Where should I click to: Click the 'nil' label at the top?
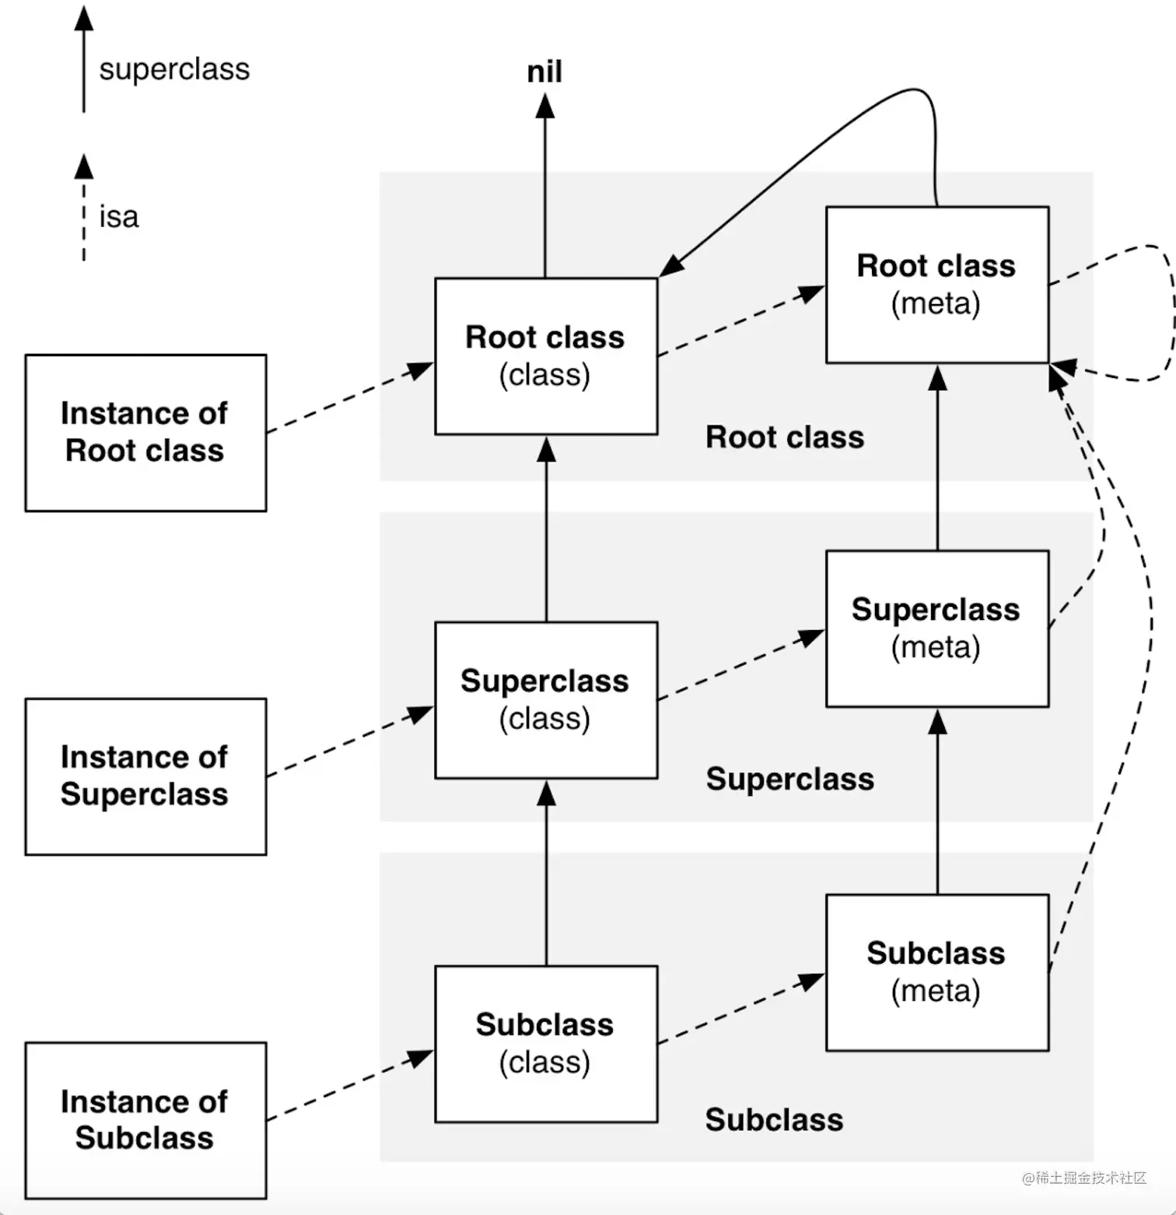point(544,72)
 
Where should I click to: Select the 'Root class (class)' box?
point(546,356)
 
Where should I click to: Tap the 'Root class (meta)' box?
point(937,285)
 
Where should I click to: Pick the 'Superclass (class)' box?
point(546,700)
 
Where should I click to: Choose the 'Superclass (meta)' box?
point(937,629)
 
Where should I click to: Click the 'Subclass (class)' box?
point(546,1044)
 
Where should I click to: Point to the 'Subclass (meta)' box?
point(937,972)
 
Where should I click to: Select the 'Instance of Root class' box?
point(145,432)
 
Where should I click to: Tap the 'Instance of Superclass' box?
point(145,776)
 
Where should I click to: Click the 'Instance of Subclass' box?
point(145,1120)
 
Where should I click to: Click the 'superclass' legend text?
point(174,69)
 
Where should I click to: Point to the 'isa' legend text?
point(119,217)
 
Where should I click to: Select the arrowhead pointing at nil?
point(545,106)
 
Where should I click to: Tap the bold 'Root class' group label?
point(785,437)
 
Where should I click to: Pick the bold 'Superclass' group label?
point(789,779)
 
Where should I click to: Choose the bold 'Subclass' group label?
point(774,1120)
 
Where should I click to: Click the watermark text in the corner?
point(1084,1178)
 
